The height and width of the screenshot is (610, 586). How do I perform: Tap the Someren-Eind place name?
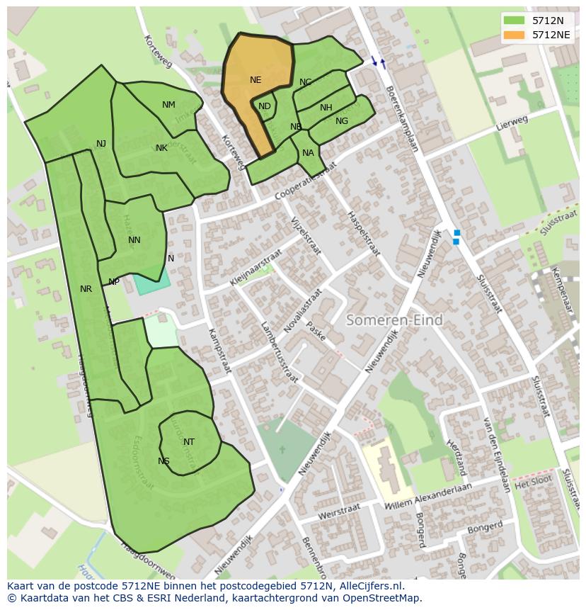point(394,320)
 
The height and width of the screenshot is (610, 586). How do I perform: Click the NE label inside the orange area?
point(255,80)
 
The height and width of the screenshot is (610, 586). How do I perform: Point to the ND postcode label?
point(264,106)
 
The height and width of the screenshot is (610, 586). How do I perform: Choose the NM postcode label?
point(168,105)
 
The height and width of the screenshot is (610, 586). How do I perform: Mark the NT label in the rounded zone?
point(189,442)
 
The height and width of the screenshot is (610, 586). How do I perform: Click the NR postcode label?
point(86,289)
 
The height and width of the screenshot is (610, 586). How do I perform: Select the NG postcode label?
point(342,121)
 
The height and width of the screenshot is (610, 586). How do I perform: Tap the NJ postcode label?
point(101,144)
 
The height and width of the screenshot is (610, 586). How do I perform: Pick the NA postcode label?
point(308,153)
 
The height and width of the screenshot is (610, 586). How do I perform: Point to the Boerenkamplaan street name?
point(402,118)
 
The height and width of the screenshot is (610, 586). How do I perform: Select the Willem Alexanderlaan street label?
point(430,495)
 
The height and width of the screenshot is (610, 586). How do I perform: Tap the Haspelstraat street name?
point(363,233)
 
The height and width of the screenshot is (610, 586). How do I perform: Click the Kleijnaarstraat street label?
point(255,267)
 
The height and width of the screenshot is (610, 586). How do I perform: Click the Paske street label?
point(316,332)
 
